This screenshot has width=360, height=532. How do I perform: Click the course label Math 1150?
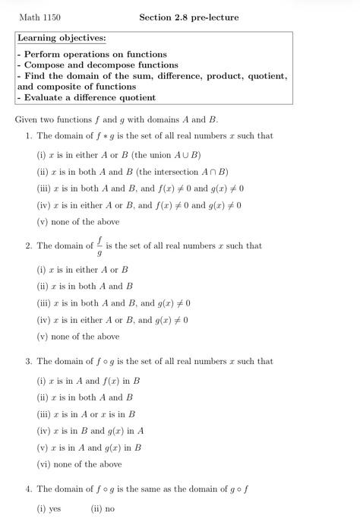pos(39,17)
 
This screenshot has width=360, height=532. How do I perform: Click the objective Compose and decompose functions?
pos(97,65)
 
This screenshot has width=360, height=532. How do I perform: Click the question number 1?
pos(28,137)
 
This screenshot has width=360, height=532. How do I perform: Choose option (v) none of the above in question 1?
pos(78,222)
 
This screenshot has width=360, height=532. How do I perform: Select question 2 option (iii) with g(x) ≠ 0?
pos(114,302)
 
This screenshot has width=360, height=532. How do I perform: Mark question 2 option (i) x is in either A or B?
pos(83,269)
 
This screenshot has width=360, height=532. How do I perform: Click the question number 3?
pos(28,362)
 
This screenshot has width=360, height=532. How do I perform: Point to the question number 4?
pos(28,489)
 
